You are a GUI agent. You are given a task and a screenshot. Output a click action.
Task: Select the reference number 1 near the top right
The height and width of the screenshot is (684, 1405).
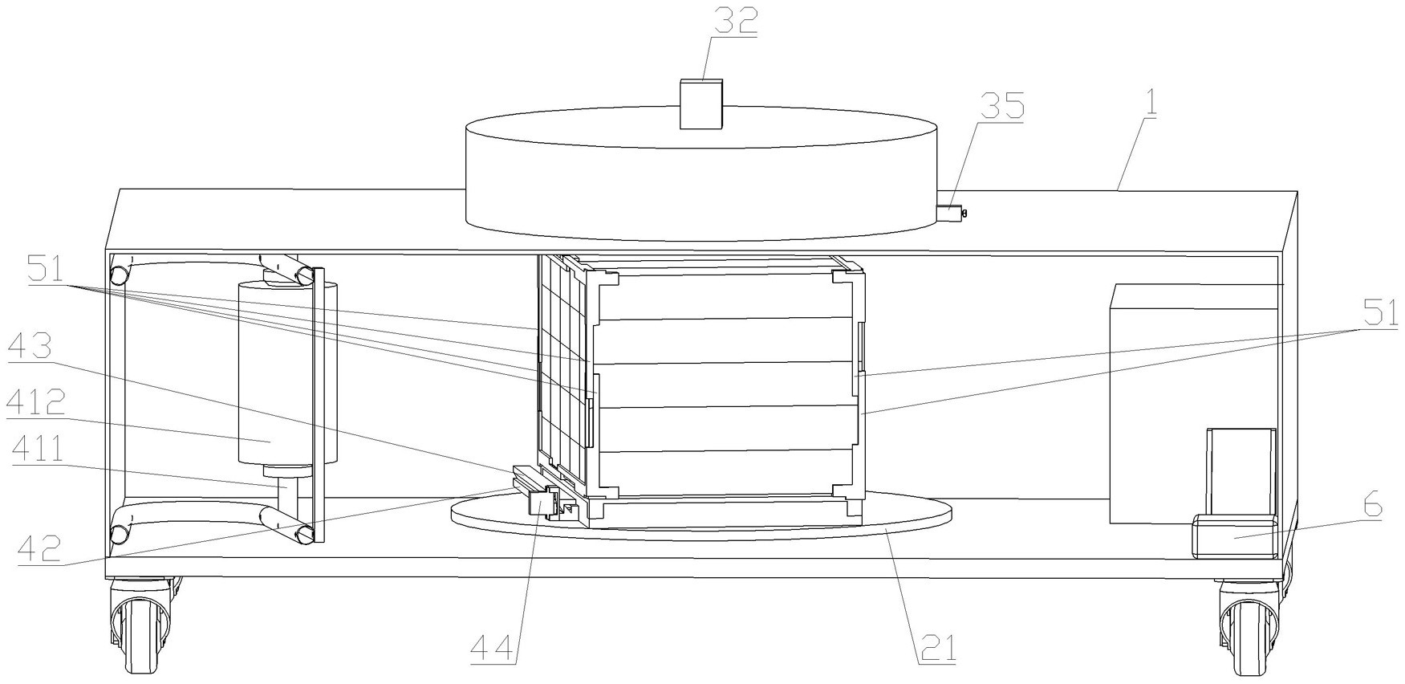pyautogui.click(x=1151, y=104)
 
